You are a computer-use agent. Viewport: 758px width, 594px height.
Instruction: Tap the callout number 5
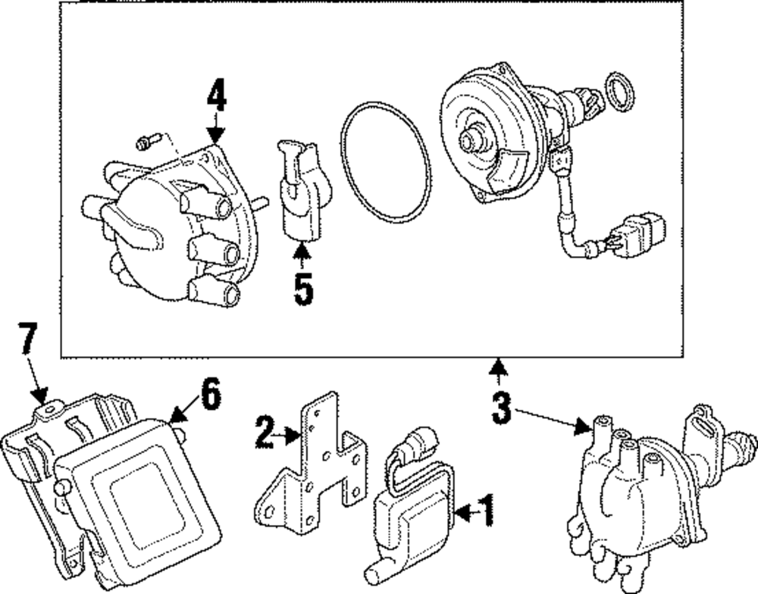click(303, 291)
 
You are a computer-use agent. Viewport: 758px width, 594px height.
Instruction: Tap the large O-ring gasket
click(384, 164)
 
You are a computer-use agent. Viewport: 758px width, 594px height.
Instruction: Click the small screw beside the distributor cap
click(147, 140)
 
